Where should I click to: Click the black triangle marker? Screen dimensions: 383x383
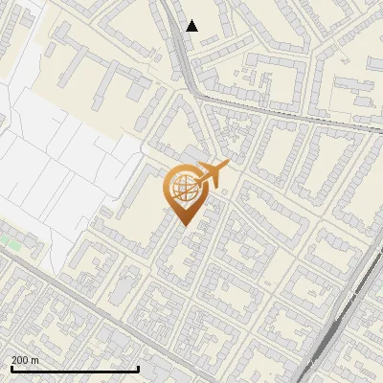click(x=191, y=26)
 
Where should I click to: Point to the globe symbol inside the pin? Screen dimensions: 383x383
click(x=182, y=188)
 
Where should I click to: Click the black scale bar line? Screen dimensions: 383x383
click(x=75, y=369)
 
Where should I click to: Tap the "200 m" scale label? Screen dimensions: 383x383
click(x=26, y=360)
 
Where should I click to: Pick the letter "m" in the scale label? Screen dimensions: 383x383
click(x=35, y=360)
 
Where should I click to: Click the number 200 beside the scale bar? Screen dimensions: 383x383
click(x=21, y=360)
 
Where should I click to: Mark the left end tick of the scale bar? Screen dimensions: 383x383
click(x=11, y=367)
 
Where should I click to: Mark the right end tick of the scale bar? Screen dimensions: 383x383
click(x=139, y=367)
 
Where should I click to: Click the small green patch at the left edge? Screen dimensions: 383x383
click(x=13, y=245)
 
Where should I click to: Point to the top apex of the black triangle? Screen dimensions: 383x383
click(x=191, y=20)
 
